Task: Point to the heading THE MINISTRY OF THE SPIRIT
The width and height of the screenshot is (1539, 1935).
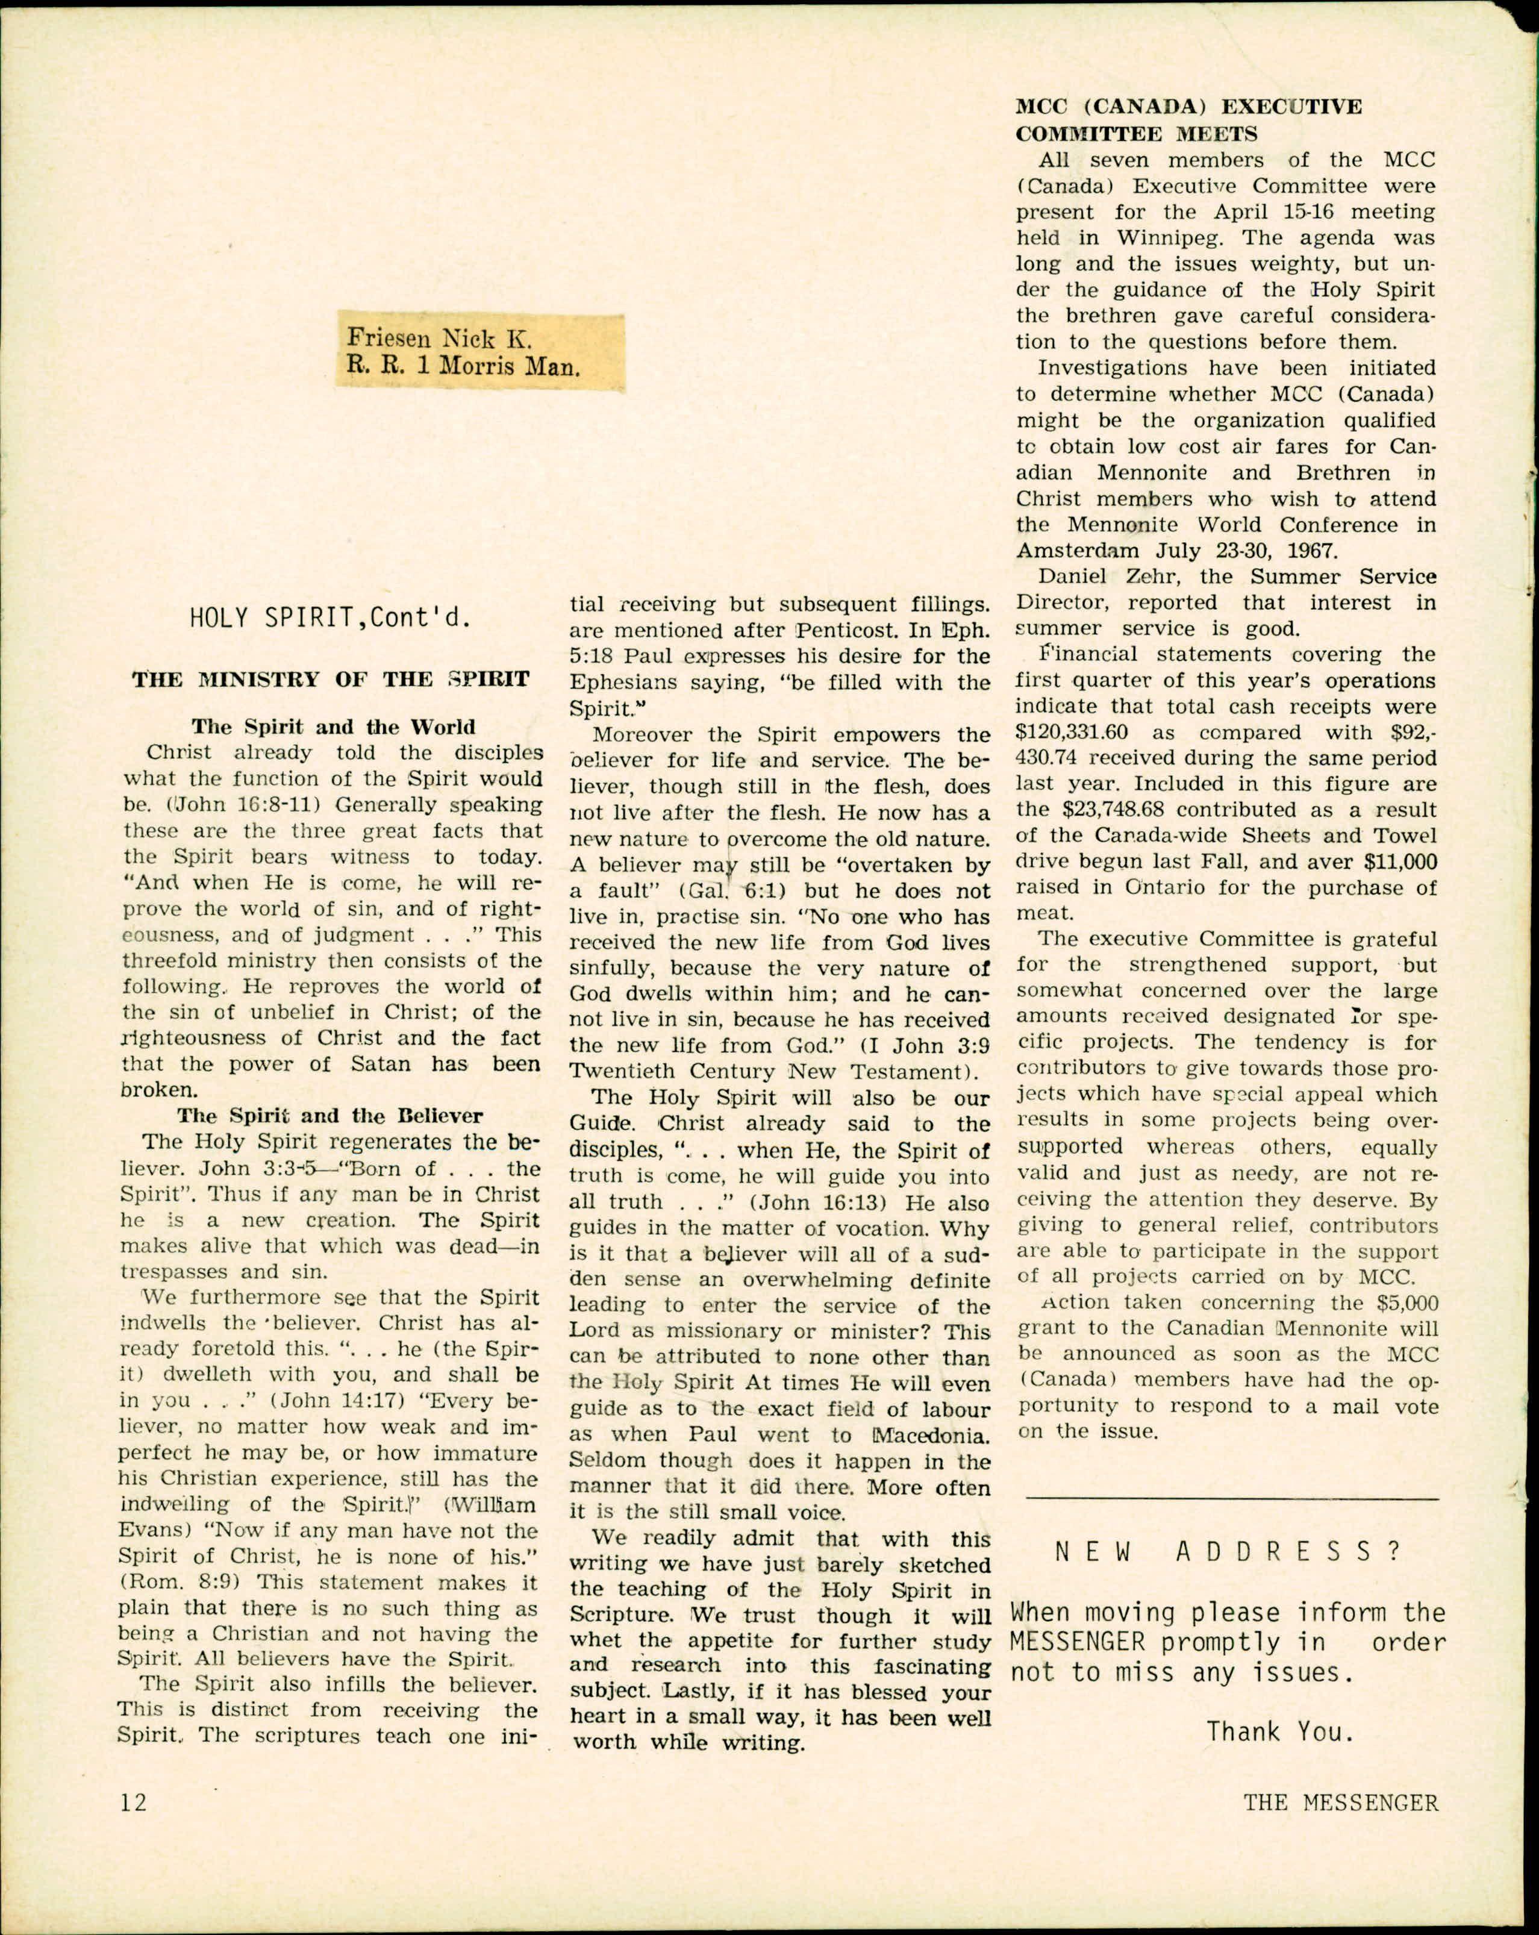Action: tap(330, 680)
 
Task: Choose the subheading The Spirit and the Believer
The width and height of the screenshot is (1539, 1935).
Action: tap(330, 1116)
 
